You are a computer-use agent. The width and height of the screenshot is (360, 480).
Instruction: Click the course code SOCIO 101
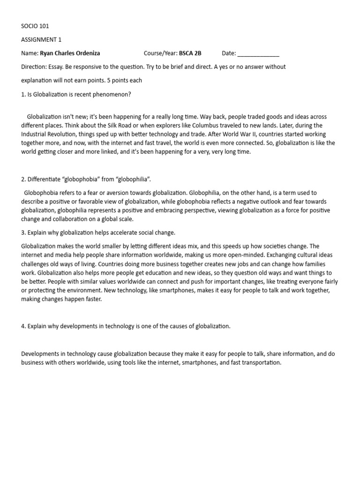point(35,26)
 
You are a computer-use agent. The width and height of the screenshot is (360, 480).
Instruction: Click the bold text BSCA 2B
point(190,53)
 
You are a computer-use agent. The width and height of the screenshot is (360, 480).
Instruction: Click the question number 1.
point(23,94)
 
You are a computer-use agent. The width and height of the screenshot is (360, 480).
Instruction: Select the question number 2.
point(23,180)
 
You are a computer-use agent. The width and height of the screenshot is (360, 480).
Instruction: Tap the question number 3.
point(23,233)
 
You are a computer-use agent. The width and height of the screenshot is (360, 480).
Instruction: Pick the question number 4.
point(23,326)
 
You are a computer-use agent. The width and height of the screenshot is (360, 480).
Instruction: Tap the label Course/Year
point(160,53)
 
